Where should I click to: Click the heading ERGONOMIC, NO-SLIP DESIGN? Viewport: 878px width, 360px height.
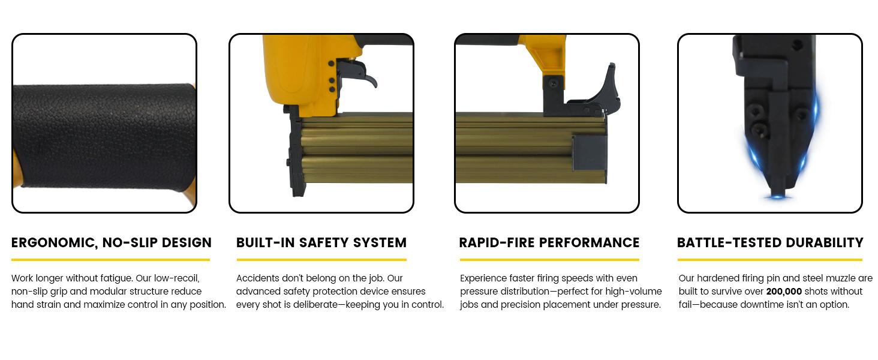(112, 243)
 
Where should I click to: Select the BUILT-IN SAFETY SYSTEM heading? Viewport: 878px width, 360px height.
(321, 243)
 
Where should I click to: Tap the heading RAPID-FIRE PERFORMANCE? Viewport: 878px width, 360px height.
(549, 243)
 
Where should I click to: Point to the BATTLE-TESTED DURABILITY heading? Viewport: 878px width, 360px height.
(770, 243)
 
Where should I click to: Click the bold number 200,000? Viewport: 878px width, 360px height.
(784, 292)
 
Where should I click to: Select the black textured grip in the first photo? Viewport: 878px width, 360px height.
(104, 137)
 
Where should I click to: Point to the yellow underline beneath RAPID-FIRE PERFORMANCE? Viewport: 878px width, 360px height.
(549, 260)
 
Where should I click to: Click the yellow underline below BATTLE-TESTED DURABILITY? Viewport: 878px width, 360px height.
(770, 260)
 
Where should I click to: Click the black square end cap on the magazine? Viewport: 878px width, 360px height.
(590, 153)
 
